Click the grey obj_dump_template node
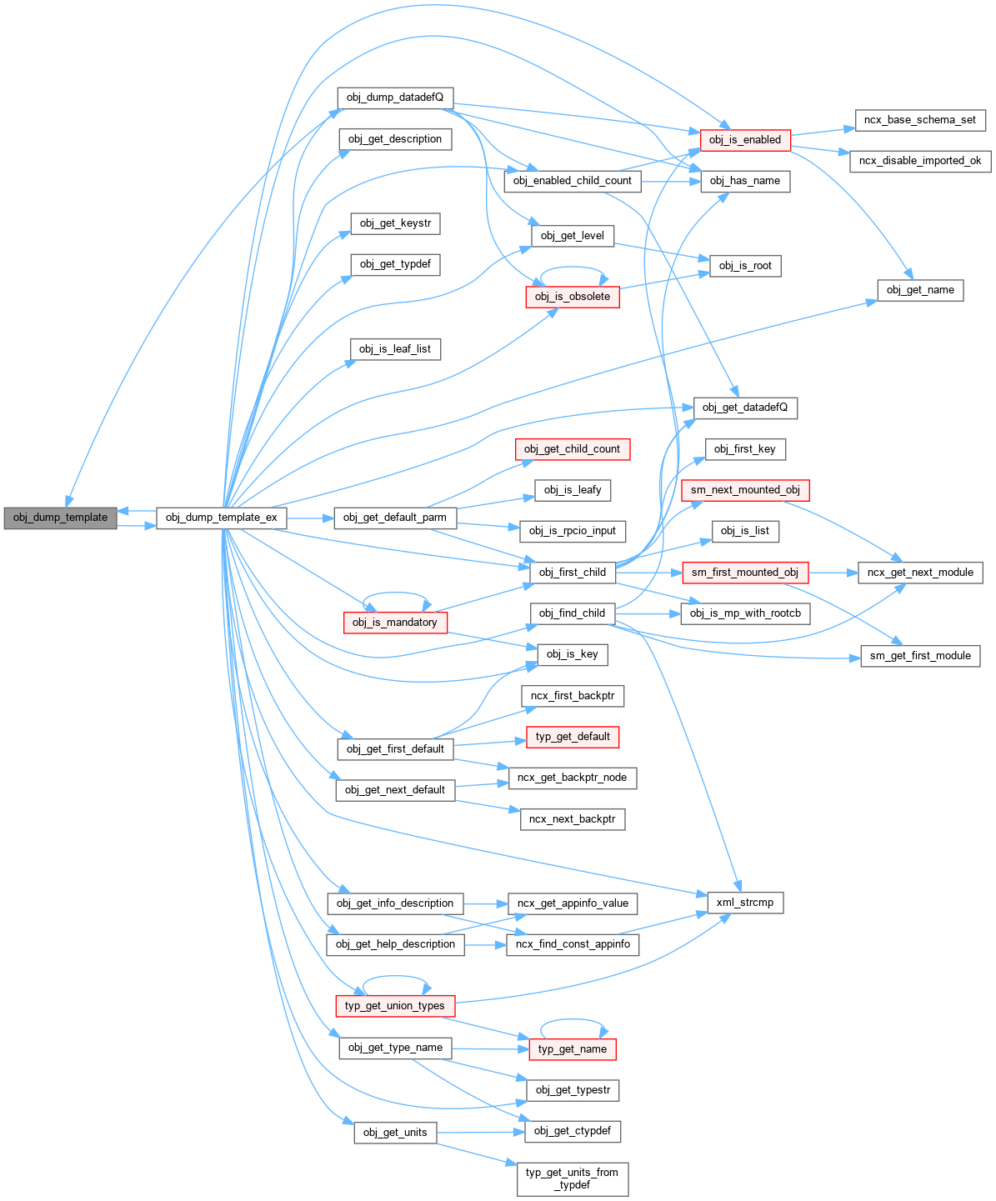[61, 518]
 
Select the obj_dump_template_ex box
[222, 518]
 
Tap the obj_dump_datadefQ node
[395, 98]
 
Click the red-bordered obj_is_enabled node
[745, 140]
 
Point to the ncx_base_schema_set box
[920, 120]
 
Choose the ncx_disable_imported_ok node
[920, 161]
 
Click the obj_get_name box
[920, 290]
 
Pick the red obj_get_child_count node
[573, 449]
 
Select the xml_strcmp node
[745, 903]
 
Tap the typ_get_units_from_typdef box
[573, 1178]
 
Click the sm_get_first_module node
[920, 656]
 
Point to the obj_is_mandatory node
[395, 623]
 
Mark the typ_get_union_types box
[395, 1006]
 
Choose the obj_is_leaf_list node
[395, 349]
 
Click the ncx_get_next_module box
[920, 573]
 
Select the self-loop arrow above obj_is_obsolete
[573, 268]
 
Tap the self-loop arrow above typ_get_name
[573, 1020]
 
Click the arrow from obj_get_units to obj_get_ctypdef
[480, 1133]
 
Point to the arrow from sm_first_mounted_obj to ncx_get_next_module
[833, 573]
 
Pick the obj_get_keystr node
[395, 223]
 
